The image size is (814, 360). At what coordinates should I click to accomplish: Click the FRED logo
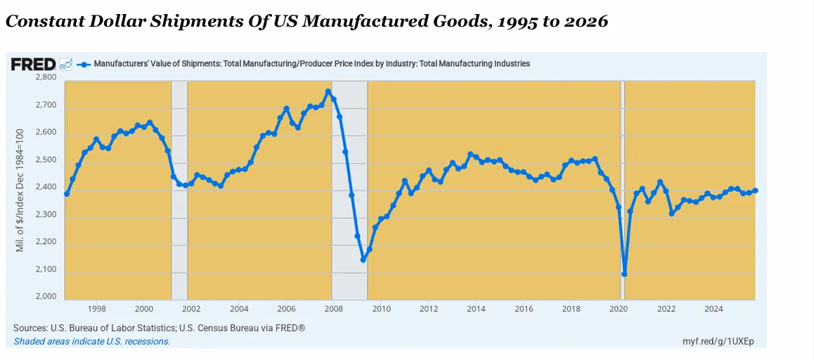pyautogui.click(x=33, y=64)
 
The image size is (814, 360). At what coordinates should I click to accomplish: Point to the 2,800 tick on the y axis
pyautogui.click(x=46, y=77)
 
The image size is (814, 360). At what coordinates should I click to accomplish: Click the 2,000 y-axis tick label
pyautogui.click(x=46, y=297)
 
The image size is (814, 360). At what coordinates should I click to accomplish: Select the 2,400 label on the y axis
pyautogui.click(x=46, y=187)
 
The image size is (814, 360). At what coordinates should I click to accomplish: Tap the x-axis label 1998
pyautogui.click(x=96, y=309)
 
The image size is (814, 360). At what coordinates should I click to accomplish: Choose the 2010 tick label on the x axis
pyautogui.click(x=381, y=309)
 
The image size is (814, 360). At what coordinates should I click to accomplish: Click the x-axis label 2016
pyautogui.click(x=524, y=309)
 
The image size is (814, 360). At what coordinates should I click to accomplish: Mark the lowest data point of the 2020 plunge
pyautogui.click(x=624, y=274)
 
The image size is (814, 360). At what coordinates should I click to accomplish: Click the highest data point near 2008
pyautogui.click(x=328, y=92)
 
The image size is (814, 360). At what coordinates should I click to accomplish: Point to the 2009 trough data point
pyautogui.click(x=363, y=259)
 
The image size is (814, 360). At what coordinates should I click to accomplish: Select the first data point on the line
pyautogui.click(x=67, y=193)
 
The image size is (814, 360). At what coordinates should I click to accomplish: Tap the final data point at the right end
pyautogui.click(x=755, y=191)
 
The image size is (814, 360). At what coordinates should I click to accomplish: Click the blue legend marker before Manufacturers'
pyautogui.click(x=84, y=64)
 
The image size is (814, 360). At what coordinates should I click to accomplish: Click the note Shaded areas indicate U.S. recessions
pyautogui.click(x=91, y=342)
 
